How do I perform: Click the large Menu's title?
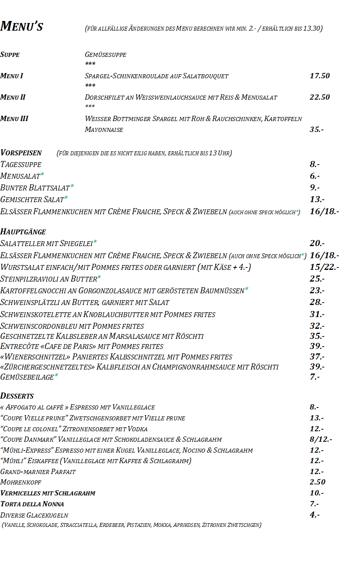pyautogui.click(x=22, y=26)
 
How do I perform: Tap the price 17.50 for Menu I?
pyautogui.click(x=320, y=76)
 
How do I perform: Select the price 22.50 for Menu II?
pyautogui.click(x=320, y=97)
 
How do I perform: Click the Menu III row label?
pyautogui.click(x=14, y=119)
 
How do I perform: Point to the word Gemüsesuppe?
pyautogui.click(x=106, y=54)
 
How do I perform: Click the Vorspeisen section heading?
pyautogui.click(x=21, y=153)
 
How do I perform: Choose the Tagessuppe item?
pyautogui.click(x=21, y=165)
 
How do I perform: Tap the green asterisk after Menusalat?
pyautogui.click(x=42, y=175)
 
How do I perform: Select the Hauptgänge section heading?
pyautogui.click(x=23, y=232)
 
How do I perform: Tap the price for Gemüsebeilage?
pyautogui.click(x=315, y=377)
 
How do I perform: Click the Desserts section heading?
pyautogui.click(x=17, y=396)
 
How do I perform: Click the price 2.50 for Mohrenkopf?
pyautogui.click(x=317, y=482)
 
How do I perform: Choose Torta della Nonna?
pyautogui.click(x=32, y=504)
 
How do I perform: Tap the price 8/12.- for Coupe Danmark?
pyautogui.click(x=321, y=439)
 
